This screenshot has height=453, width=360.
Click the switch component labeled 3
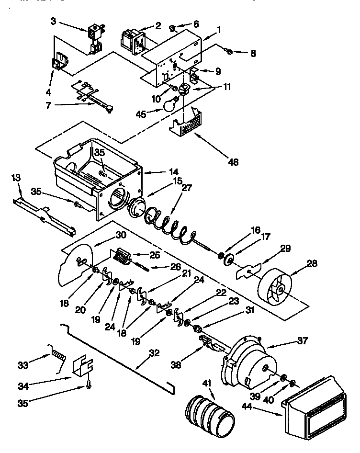click(95, 37)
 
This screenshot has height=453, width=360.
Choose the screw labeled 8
click(230, 52)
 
